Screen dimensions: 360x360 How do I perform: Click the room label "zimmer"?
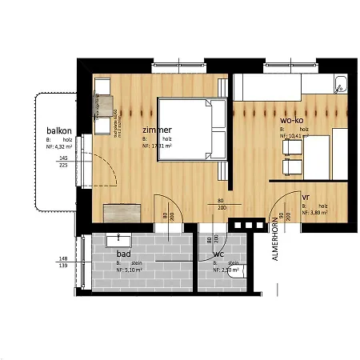click(157, 130)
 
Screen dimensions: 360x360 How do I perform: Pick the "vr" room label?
click(306, 196)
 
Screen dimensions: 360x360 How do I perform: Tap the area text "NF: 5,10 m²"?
click(131, 271)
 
